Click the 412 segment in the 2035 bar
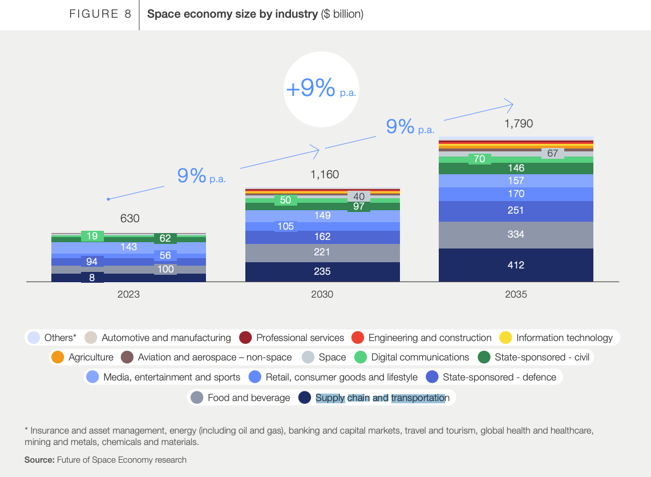click(x=516, y=265)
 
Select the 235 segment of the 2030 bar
click(x=322, y=271)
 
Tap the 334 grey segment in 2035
click(x=516, y=234)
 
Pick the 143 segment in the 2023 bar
click(x=128, y=247)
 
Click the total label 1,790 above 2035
click(x=516, y=123)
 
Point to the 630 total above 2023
click(x=130, y=218)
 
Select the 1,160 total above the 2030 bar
click(x=324, y=174)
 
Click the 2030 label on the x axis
click(x=322, y=295)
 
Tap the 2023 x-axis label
click(x=128, y=295)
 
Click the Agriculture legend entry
click(x=83, y=357)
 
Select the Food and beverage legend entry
click(x=241, y=398)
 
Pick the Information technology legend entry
click(x=556, y=338)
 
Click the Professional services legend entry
click(x=292, y=338)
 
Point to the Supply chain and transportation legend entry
click(x=375, y=398)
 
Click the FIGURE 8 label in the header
click(x=100, y=14)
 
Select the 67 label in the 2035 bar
click(x=552, y=153)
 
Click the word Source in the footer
click(x=39, y=459)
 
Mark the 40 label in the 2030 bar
click(x=359, y=197)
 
